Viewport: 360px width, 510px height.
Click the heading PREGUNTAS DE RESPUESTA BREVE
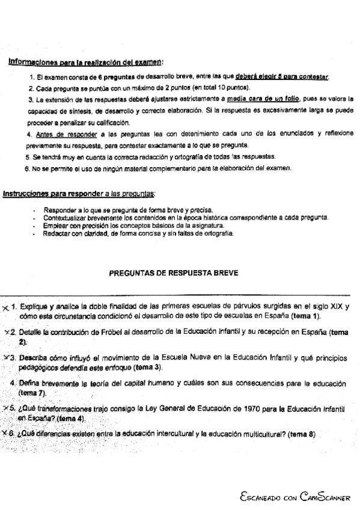tap(174, 272)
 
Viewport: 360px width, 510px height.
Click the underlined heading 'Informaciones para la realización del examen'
tap(86, 61)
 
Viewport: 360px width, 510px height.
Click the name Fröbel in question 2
tap(114, 331)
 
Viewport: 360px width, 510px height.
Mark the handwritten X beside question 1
tap(5, 307)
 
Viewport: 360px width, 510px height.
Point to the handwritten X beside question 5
tap(5, 408)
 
